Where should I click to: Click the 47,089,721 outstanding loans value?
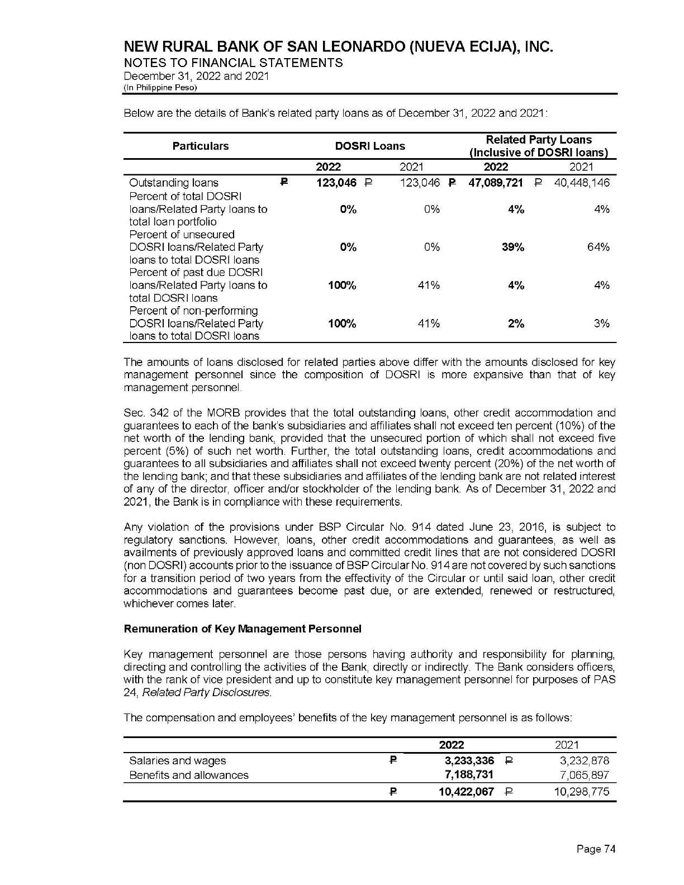tap(495, 183)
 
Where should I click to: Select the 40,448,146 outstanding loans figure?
tap(581, 183)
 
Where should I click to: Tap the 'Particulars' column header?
tap(201, 146)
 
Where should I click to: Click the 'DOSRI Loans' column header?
tap(370, 146)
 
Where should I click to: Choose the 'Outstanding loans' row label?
tap(174, 183)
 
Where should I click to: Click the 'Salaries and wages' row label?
tap(178, 760)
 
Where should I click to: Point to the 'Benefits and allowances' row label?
tap(189, 775)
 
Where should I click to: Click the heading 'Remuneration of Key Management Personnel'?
tap(243, 629)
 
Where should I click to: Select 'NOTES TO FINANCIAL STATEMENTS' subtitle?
tap(233, 63)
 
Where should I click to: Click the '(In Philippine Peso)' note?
tap(160, 88)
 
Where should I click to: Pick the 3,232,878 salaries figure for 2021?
tap(585, 760)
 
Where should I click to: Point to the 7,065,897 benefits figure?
tap(585, 775)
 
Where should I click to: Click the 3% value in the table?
tap(602, 323)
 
